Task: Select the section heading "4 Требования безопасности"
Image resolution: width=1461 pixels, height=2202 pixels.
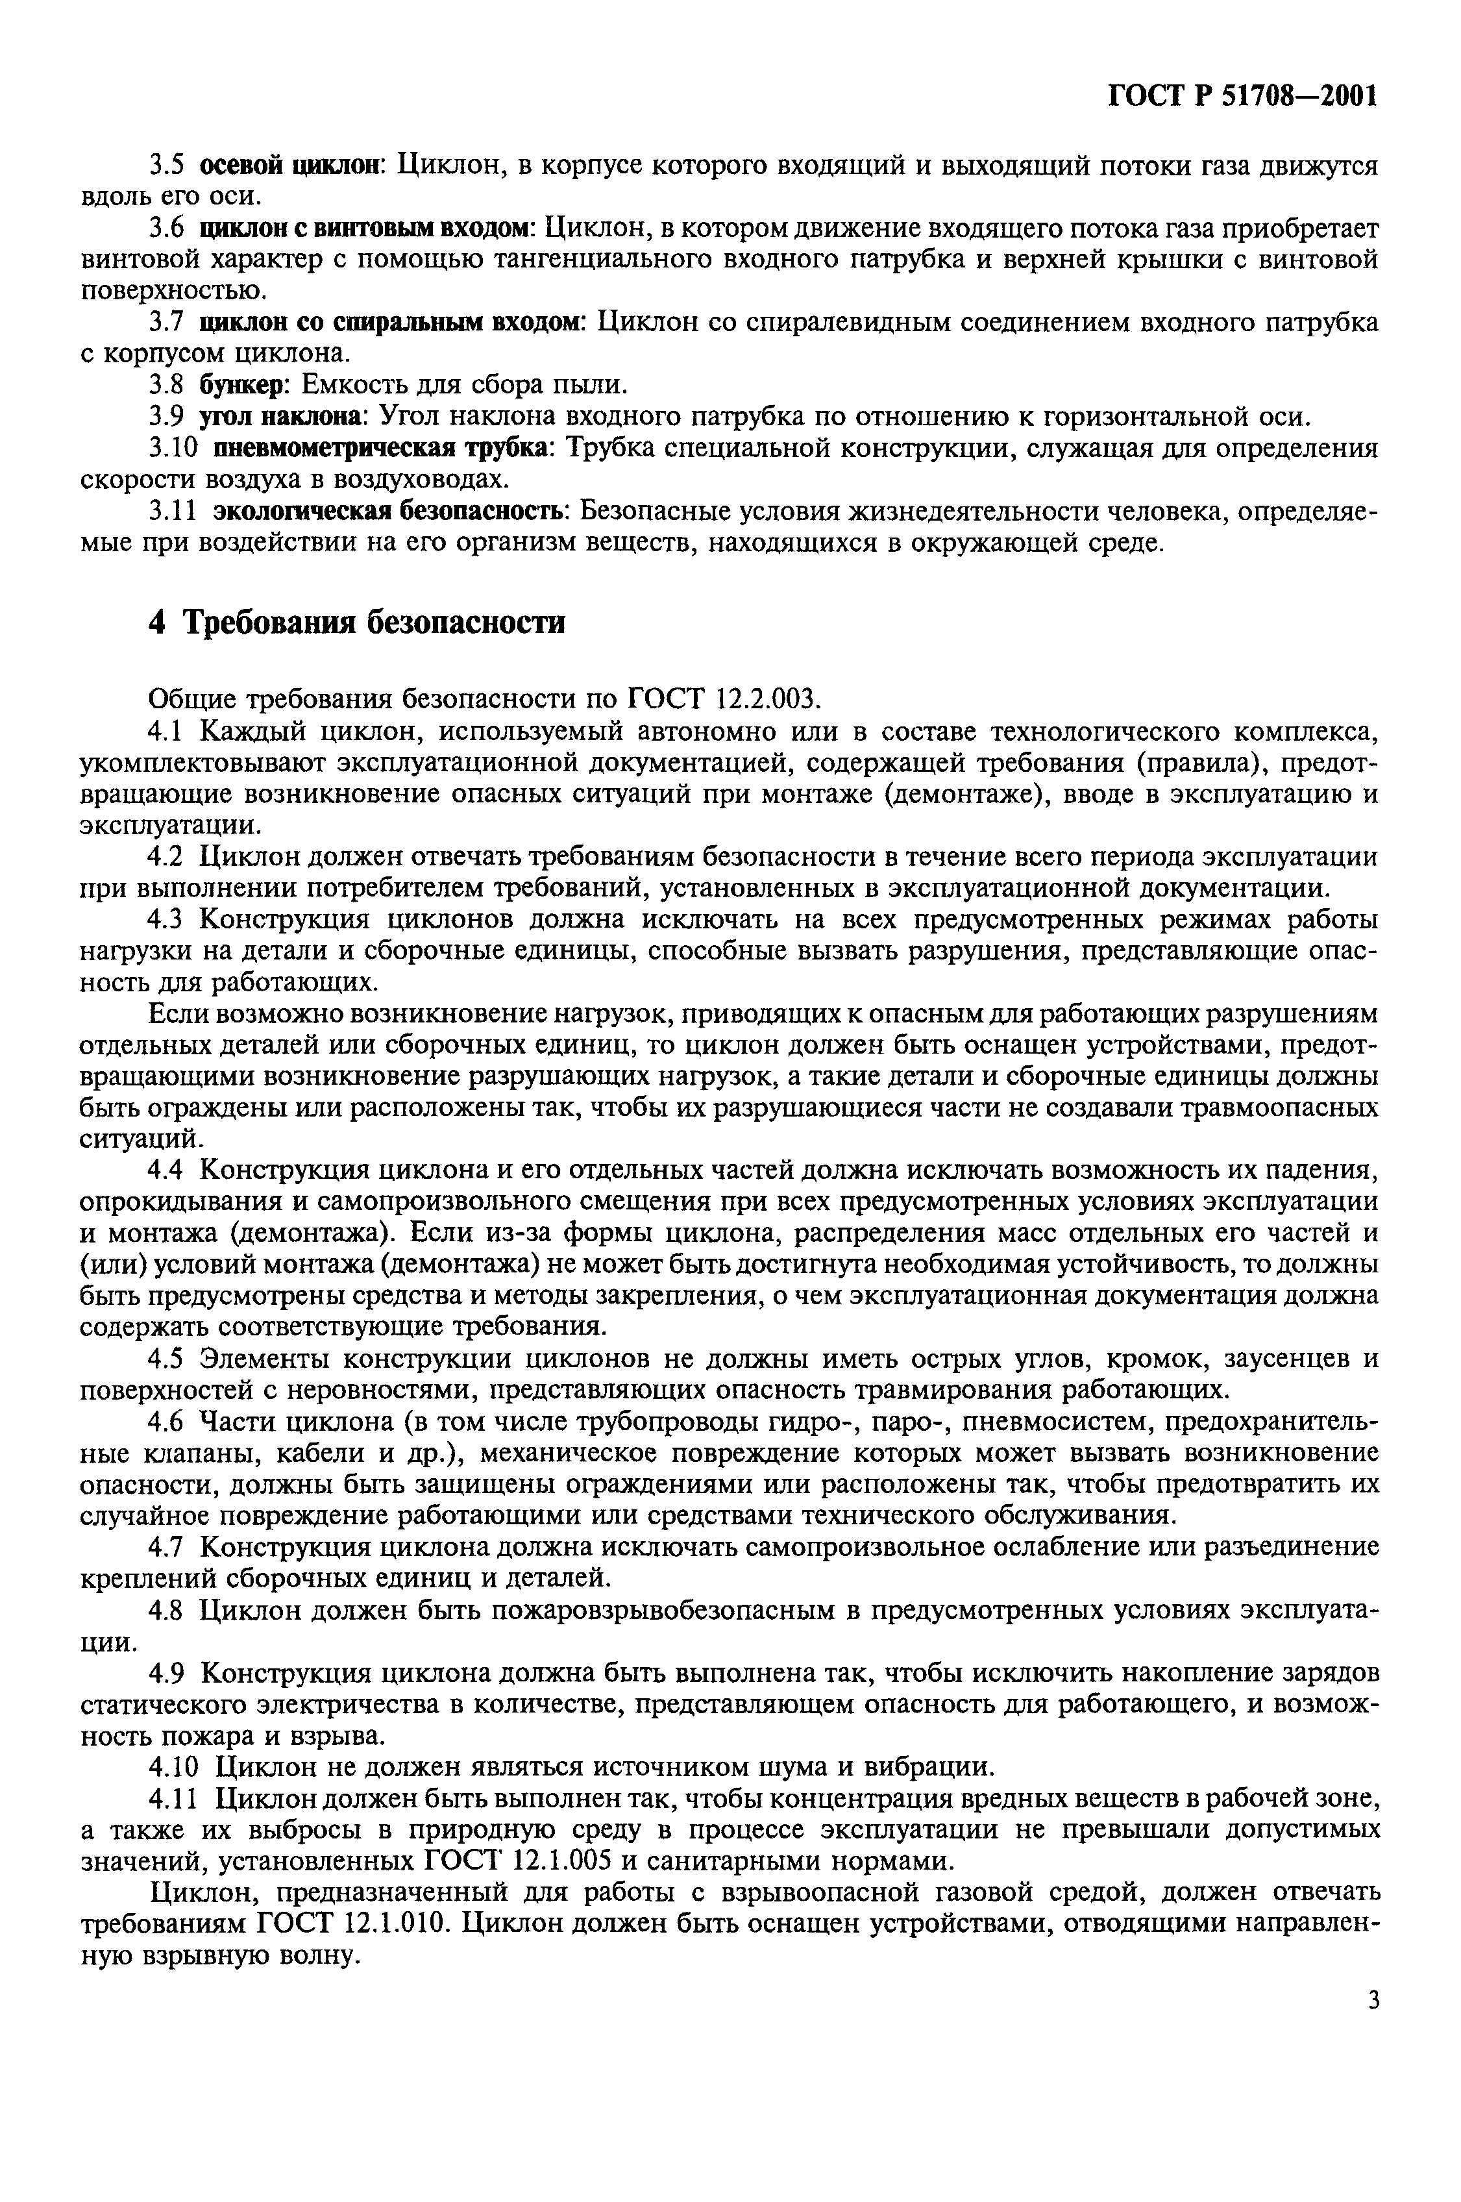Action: click(x=357, y=621)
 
